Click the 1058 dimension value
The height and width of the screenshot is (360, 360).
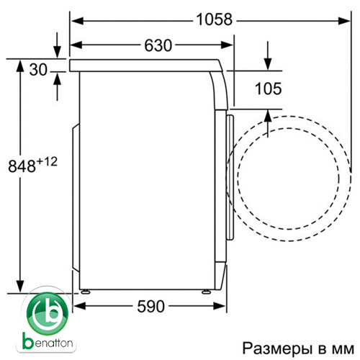coord(215,19)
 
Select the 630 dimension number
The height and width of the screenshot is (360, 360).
coord(158,45)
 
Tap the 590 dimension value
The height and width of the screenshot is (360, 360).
coord(151,306)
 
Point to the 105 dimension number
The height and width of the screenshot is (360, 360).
coord(268,89)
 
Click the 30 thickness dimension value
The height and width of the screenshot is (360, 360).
coord(38,70)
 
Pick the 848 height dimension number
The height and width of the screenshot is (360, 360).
coord(22,166)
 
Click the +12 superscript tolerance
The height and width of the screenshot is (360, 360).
coord(47,161)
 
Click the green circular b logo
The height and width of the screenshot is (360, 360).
coord(48,313)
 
